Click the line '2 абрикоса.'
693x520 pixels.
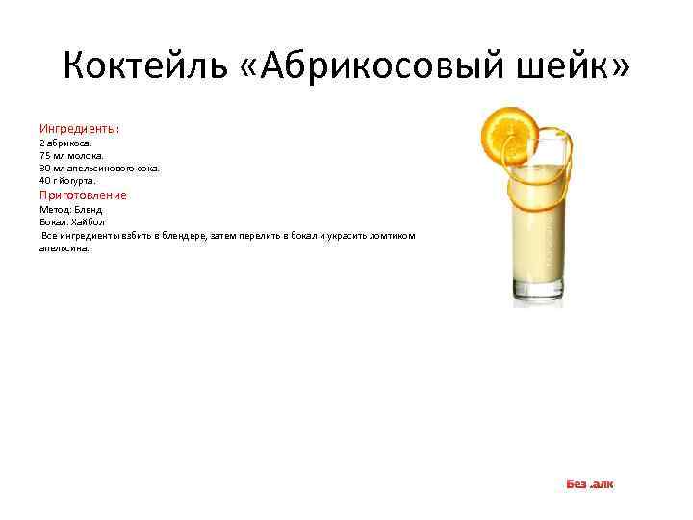point(65,143)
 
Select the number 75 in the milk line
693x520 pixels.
point(45,155)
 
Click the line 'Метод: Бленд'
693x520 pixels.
point(70,209)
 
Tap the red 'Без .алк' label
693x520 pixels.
point(589,483)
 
